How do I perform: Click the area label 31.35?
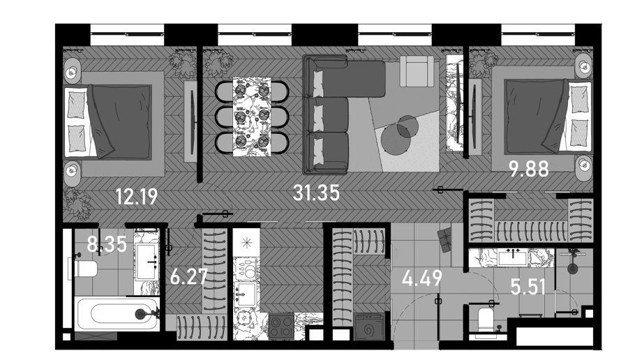point(316,193)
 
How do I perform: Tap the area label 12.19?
point(137,197)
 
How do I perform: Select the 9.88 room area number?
point(529,169)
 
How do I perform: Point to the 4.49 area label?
point(422,278)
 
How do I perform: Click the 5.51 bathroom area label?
point(528,287)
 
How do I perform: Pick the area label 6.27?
point(188,277)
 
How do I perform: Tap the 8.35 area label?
point(107,244)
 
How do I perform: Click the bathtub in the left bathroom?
point(117,313)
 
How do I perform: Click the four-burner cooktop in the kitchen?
point(282,326)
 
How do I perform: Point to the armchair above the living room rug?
point(417,71)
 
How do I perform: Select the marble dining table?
point(251,117)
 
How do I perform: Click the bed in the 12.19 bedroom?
point(108,121)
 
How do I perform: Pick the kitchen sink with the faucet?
point(246,294)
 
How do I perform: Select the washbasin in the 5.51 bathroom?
point(513,257)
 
